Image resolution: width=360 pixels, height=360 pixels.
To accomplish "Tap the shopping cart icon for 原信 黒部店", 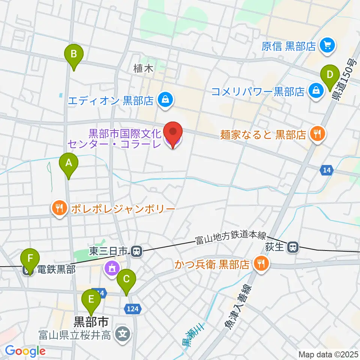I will tap(327, 46).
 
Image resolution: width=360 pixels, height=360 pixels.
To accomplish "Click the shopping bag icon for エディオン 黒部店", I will tap(165, 100).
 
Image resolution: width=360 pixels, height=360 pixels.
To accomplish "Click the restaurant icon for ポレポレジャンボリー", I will tap(60, 209).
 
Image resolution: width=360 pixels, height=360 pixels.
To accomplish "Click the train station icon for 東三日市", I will tap(137, 250).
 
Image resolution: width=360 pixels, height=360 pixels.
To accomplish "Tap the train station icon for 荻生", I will tap(292, 247).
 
